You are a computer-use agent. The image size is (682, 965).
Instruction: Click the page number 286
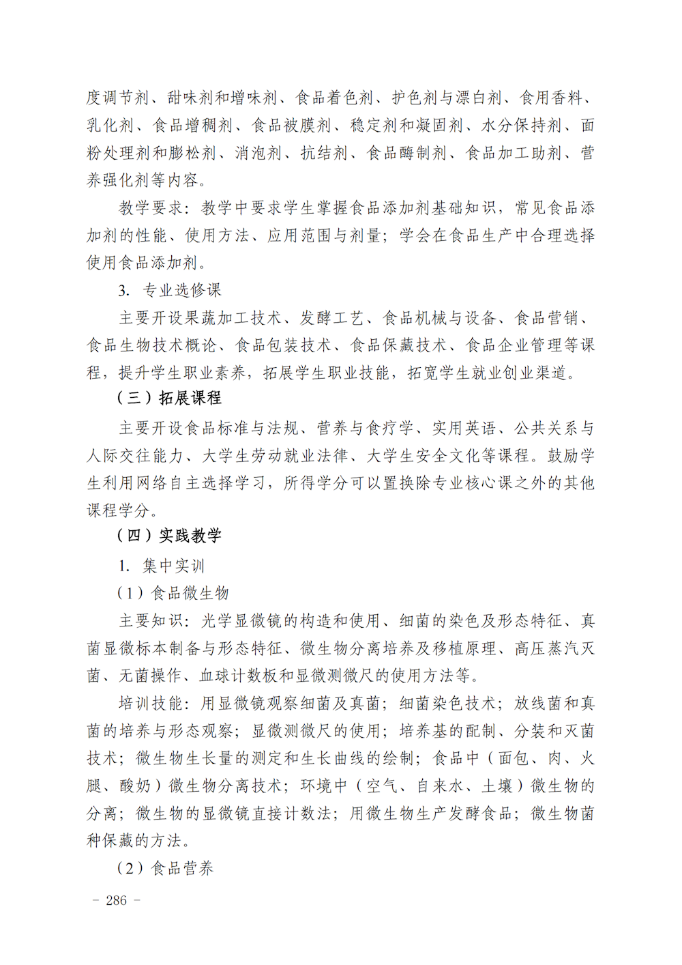point(116,900)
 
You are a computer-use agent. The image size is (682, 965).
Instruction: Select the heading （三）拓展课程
point(169,398)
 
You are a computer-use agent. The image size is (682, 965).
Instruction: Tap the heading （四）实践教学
point(169,536)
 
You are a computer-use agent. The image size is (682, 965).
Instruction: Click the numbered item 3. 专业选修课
point(170,290)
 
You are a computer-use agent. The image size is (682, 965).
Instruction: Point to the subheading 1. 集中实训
point(161,566)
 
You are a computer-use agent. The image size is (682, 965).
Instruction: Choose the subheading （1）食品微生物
point(173,593)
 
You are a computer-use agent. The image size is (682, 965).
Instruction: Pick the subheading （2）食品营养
point(165,868)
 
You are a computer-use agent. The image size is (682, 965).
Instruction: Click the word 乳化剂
point(110,126)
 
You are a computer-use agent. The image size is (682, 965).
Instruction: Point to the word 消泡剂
point(258,153)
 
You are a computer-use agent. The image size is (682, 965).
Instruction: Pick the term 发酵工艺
point(332,317)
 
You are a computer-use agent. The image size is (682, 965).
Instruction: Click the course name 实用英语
point(464,428)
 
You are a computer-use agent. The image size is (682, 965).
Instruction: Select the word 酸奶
point(135,786)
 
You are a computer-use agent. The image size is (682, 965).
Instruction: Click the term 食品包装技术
point(283,345)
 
